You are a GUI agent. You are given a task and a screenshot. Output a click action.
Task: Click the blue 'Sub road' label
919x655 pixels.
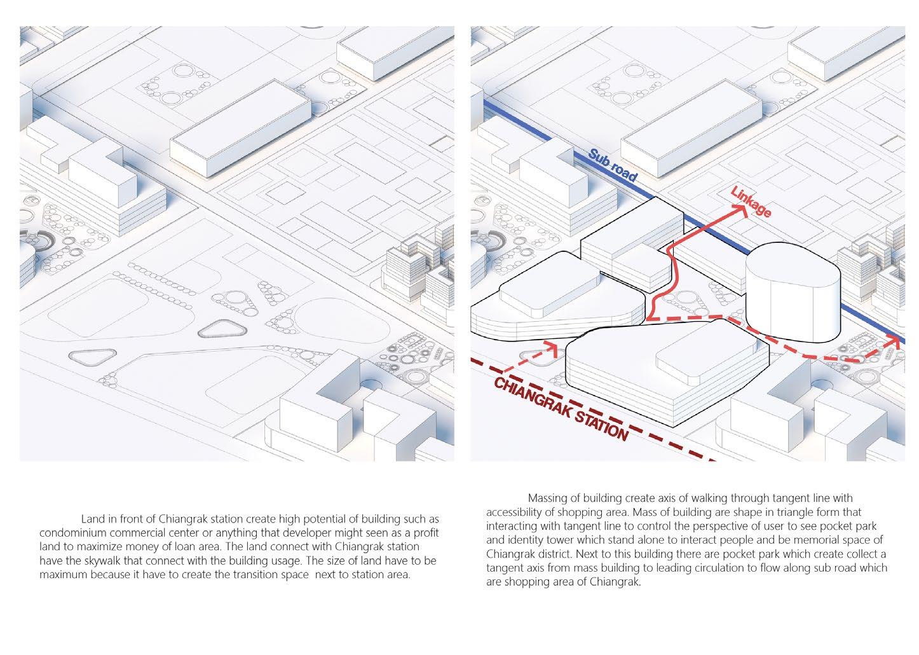[x=611, y=165]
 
